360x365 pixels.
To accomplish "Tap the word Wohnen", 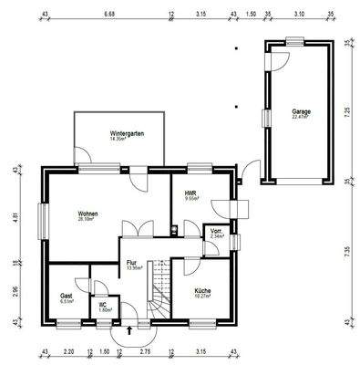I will [x=87, y=214].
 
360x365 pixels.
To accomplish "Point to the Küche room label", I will [x=202, y=290].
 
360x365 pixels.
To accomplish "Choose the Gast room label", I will [x=66, y=297].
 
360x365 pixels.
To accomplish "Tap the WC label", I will [x=103, y=305].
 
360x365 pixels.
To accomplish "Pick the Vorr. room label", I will [x=216, y=232].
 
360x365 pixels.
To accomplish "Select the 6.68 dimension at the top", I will [x=109, y=16].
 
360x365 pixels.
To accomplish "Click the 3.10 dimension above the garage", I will [x=299, y=16].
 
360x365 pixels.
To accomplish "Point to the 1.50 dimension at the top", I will [x=251, y=16].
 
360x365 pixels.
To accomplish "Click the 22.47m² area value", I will [x=300, y=116].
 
